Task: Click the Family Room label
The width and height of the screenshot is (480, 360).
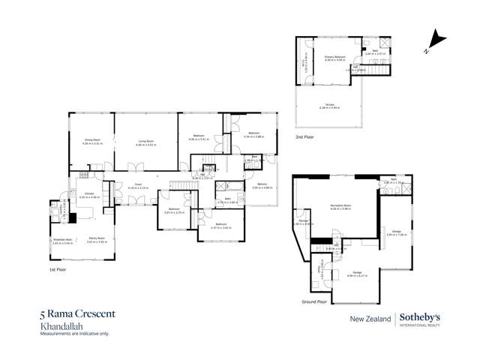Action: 95,241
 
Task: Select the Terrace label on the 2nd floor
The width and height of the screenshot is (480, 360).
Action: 331,106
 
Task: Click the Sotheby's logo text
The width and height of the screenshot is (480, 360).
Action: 420,317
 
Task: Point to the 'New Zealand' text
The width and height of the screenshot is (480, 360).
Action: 371,319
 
